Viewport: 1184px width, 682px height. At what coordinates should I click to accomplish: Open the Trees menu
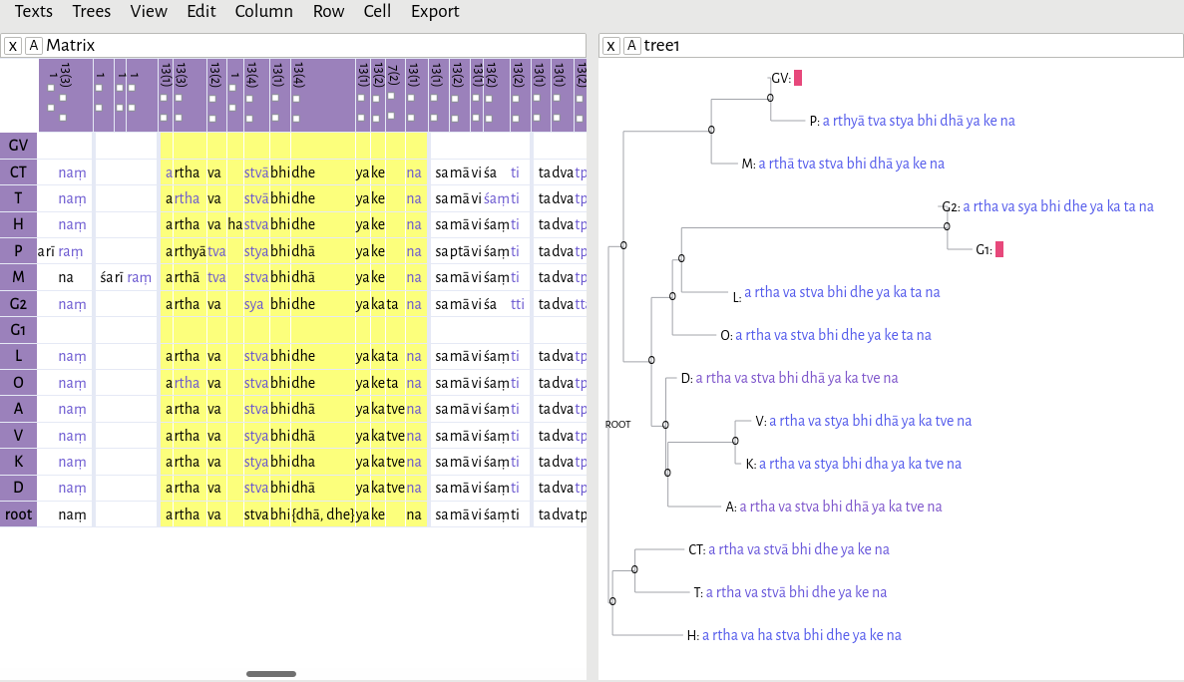tap(92, 12)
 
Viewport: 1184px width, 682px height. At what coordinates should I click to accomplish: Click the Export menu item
tap(435, 12)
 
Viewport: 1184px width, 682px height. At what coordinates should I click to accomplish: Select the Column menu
tap(263, 12)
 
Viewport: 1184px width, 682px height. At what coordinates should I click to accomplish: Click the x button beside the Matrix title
tap(12, 45)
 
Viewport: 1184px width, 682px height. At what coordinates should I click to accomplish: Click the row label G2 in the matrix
tap(18, 303)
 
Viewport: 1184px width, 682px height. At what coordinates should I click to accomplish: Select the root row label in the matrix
tap(18, 514)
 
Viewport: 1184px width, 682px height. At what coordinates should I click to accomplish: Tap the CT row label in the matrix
tap(18, 171)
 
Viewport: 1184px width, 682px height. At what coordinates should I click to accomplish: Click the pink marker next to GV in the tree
tap(798, 78)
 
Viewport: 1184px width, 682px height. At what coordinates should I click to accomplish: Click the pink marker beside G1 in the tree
tap(999, 249)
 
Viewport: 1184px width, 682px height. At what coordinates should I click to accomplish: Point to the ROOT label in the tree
tap(618, 424)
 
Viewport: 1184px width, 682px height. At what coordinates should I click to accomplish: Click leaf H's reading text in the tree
tap(801, 635)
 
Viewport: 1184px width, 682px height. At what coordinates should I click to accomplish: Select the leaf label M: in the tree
tap(748, 164)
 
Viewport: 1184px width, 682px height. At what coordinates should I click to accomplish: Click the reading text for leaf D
tap(796, 378)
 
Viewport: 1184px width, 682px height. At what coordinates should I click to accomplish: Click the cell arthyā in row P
tap(185, 250)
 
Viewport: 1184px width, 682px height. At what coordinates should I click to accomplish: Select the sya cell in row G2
tap(254, 303)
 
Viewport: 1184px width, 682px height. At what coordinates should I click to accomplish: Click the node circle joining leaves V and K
tap(735, 440)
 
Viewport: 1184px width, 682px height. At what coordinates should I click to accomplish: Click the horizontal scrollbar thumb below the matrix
tap(271, 674)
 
